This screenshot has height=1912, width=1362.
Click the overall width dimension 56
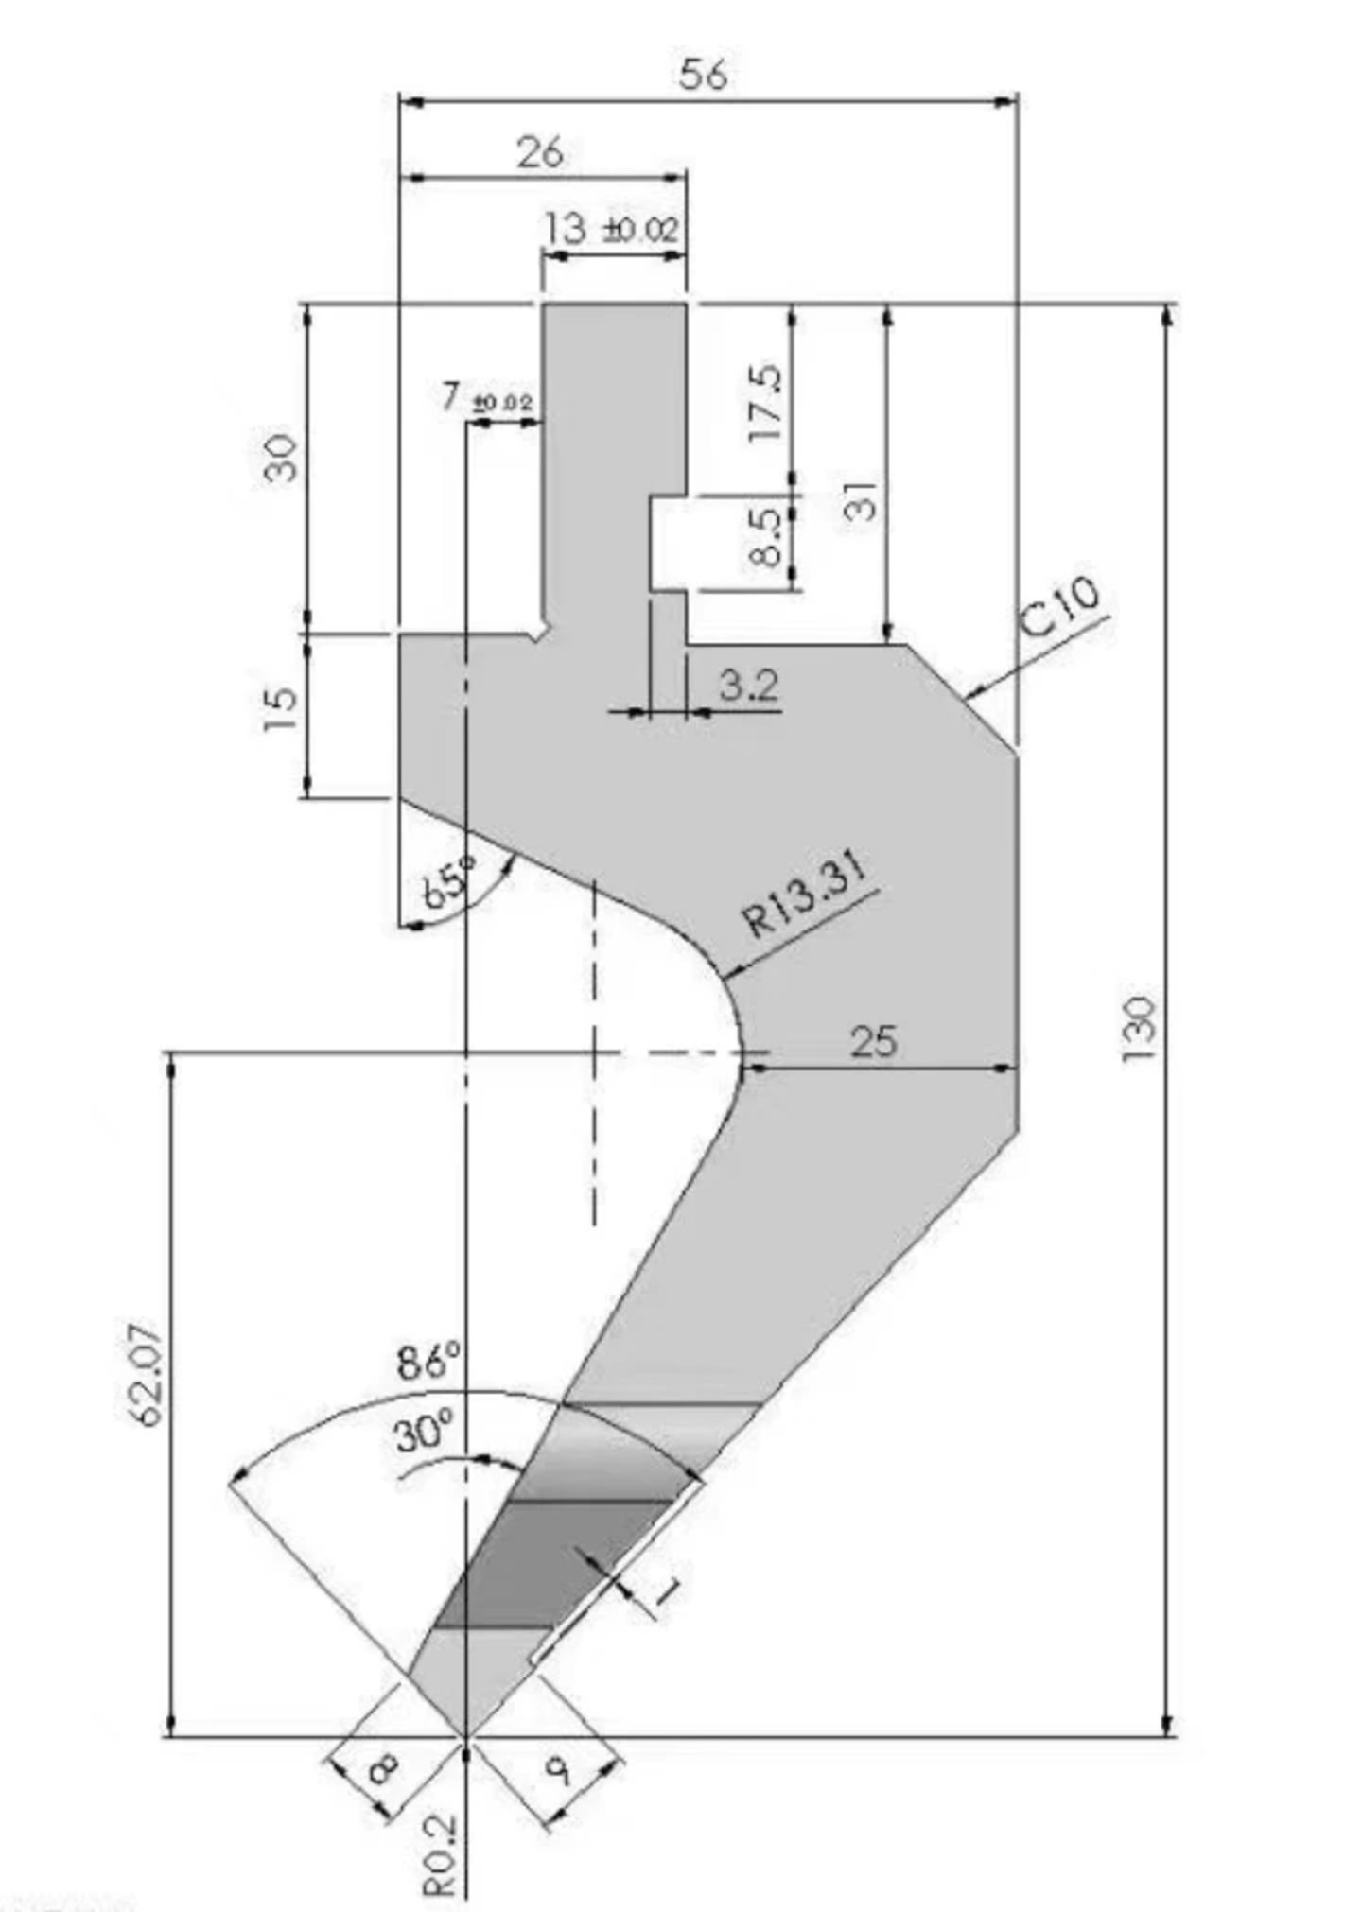[x=703, y=75]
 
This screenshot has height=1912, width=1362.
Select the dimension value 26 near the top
[x=540, y=152]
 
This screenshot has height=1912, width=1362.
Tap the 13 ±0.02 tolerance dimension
[x=611, y=228]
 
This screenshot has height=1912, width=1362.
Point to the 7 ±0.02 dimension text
[x=486, y=398]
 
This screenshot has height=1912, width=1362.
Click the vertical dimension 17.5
[x=766, y=403]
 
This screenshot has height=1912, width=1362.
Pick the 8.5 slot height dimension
[x=766, y=536]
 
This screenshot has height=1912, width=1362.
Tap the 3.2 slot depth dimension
[x=748, y=684]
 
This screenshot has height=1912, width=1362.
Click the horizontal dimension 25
[x=873, y=1041]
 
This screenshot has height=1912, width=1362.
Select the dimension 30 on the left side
[x=281, y=458]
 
